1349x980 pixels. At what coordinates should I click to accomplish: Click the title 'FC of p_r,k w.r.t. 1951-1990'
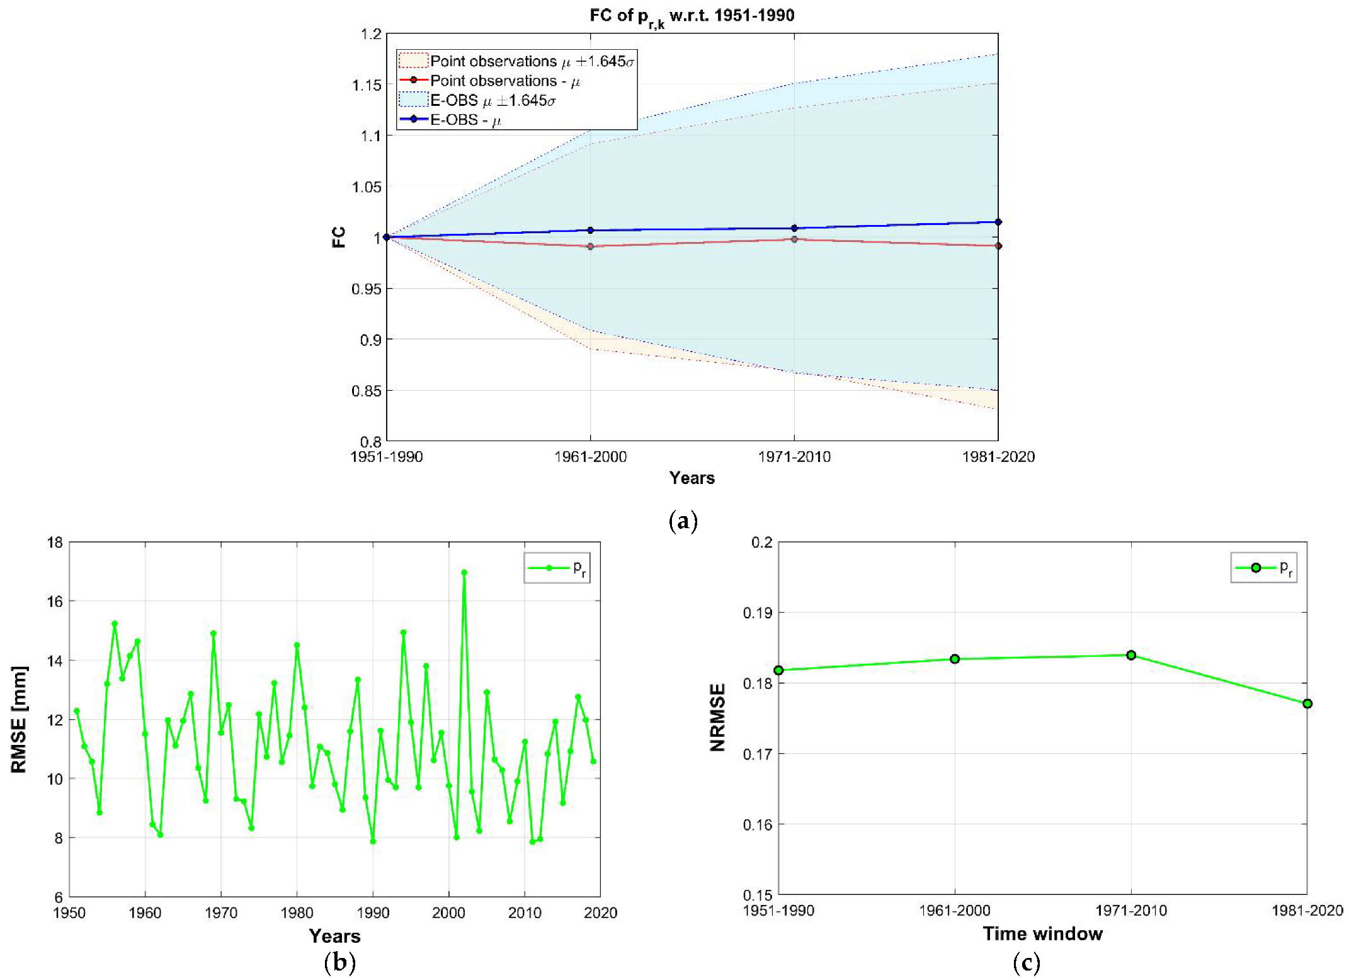[692, 16]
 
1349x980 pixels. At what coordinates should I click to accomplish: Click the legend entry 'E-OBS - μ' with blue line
[465, 120]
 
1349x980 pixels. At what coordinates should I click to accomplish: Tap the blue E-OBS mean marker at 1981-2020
[998, 222]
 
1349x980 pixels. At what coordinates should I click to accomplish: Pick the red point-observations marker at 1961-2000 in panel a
[590, 246]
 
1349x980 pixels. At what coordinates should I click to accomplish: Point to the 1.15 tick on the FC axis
[367, 85]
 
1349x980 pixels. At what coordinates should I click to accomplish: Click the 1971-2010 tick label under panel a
[794, 457]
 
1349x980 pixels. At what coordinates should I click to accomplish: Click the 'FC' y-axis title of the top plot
[339, 238]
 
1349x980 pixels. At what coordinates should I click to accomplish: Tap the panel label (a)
[683, 521]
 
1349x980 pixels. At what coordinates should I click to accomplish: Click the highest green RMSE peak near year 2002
[464, 573]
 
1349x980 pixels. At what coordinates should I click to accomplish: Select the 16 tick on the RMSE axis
[55, 601]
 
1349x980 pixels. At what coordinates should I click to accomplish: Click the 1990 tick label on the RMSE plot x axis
[373, 913]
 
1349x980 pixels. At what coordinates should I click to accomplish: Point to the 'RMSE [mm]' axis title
[19, 719]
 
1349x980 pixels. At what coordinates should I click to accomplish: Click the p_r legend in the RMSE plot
[557, 568]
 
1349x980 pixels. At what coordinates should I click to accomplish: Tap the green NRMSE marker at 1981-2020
[1307, 703]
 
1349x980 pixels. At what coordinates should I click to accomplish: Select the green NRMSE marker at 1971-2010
[1130, 655]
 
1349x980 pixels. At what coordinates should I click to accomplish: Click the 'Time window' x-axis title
[1042, 934]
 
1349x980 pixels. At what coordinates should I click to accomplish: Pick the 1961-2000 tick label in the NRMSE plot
[954, 911]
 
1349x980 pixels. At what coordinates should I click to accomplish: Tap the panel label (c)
[1026, 962]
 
